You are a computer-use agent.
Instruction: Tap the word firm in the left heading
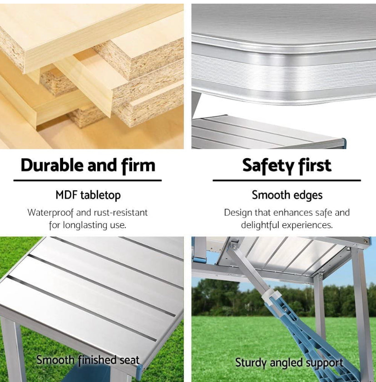pyautogui.click(x=139, y=165)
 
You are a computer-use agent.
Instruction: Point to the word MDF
pyautogui.click(x=66, y=195)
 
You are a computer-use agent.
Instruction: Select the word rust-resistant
pyautogui.click(x=121, y=213)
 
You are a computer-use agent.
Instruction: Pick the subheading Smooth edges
pyautogui.click(x=287, y=195)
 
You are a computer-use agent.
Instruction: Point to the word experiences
pyautogui.click(x=307, y=225)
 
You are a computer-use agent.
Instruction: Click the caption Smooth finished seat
pyautogui.click(x=88, y=360)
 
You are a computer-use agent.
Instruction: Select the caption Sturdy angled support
pyautogui.click(x=289, y=363)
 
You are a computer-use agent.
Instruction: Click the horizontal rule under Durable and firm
pyautogui.click(x=87, y=180)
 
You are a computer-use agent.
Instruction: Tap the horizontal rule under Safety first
pyautogui.click(x=287, y=180)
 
